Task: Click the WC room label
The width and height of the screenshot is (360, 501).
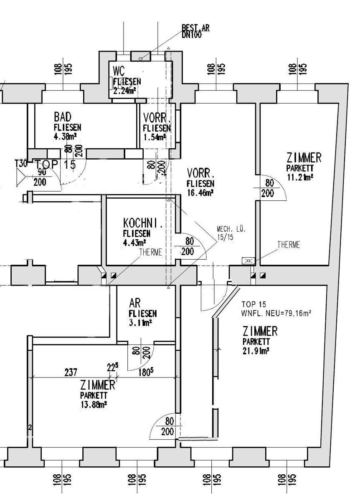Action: (x=119, y=71)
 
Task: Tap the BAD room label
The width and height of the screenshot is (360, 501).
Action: (x=63, y=116)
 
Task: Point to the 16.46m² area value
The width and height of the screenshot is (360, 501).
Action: (x=200, y=192)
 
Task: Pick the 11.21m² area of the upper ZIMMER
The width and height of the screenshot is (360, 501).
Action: (x=300, y=177)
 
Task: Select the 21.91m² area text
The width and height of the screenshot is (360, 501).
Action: (x=256, y=351)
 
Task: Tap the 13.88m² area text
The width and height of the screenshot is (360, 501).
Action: (x=94, y=404)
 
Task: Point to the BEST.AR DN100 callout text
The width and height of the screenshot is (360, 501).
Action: (x=195, y=31)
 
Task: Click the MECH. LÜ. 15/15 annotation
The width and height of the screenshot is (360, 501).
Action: (x=231, y=233)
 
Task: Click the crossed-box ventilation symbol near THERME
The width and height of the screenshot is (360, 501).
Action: (x=248, y=261)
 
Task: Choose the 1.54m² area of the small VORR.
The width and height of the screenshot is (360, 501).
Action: (x=155, y=137)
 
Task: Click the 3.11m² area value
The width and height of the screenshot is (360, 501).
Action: (x=140, y=322)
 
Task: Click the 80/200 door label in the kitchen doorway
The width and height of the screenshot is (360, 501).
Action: (x=189, y=246)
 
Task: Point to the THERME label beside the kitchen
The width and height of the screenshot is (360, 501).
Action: (x=150, y=252)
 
